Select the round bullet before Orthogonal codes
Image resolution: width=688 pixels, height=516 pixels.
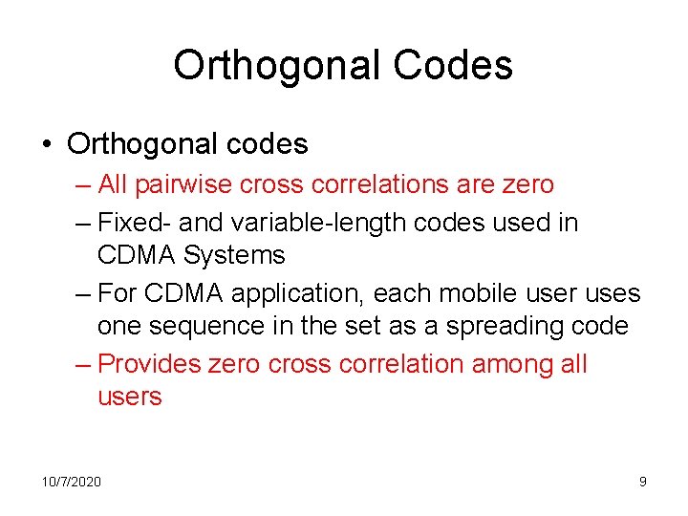tap(47, 145)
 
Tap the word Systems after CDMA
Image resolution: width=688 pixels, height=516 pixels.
tap(234, 255)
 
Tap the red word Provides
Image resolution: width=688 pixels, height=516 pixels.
tap(148, 364)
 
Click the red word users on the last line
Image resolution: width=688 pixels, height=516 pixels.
tap(130, 397)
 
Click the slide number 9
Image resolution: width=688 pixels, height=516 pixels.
tap(643, 482)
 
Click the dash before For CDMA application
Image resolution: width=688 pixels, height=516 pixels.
tap(83, 293)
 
